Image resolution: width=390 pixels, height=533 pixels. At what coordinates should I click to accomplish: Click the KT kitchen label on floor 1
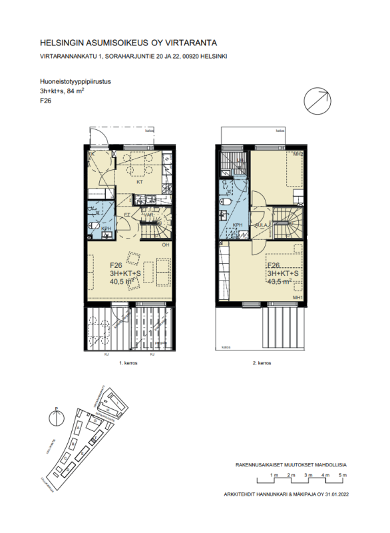click(x=140, y=181)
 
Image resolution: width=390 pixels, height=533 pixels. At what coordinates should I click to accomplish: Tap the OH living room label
click(x=164, y=245)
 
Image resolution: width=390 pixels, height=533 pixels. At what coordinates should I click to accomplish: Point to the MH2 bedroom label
click(x=299, y=154)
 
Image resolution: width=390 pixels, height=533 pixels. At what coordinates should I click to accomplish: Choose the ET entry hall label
click(x=127, y=215)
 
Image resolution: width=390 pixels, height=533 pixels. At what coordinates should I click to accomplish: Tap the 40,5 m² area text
click(x=122, y=280)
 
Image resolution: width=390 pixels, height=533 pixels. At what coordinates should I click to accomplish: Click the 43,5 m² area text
click(x=279, y=280)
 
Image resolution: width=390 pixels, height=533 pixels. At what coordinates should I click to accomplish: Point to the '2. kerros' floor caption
click(x=263, y=364)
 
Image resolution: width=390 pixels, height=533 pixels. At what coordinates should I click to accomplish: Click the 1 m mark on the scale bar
click(x=274, y=474)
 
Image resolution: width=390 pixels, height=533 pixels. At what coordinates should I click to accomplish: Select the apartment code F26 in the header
click(x=46, y=101)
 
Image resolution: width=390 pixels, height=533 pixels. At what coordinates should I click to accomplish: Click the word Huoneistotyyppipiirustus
click(x=75, y=82)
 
